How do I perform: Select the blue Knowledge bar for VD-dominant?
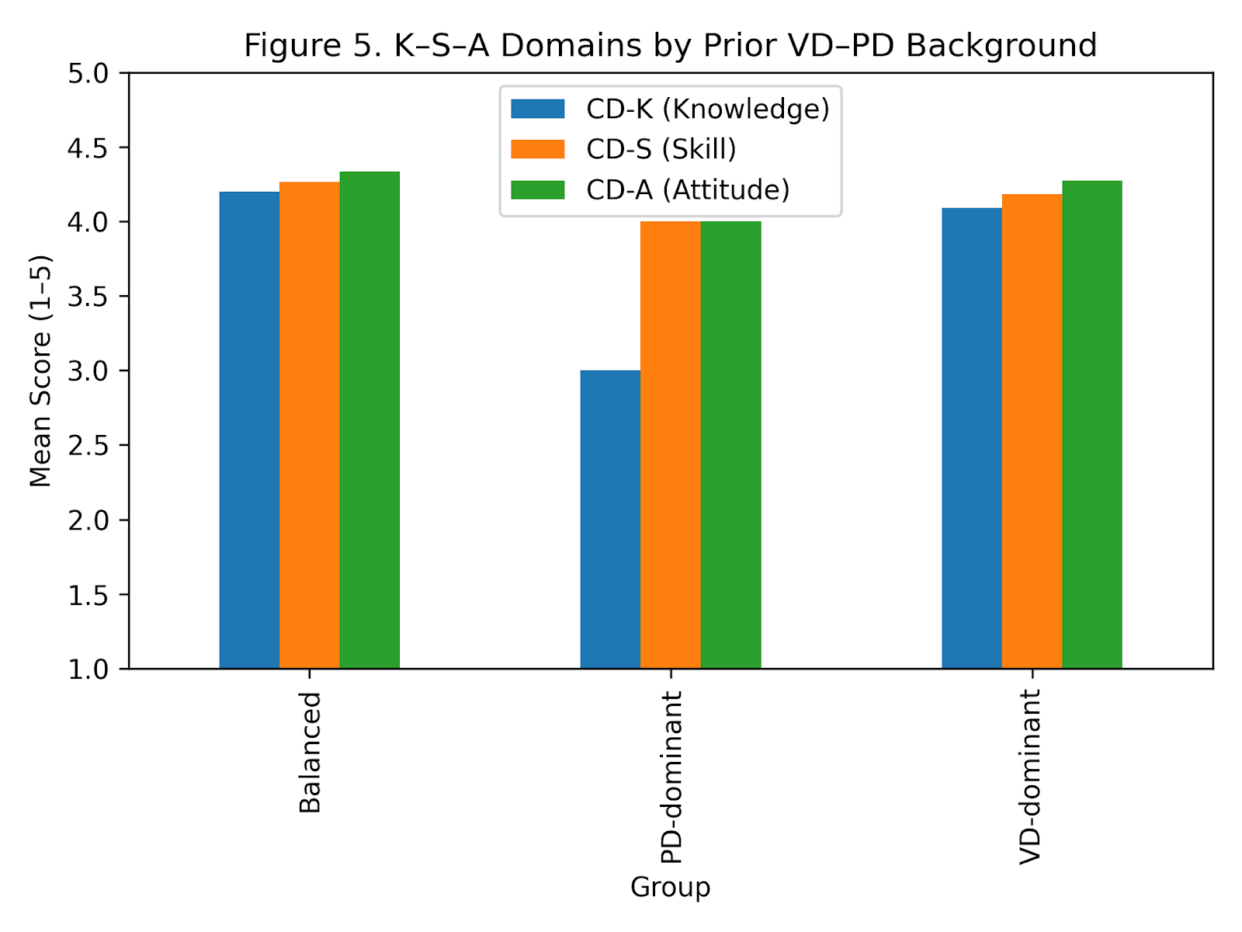(971, 438)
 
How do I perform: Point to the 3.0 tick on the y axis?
(88, 371)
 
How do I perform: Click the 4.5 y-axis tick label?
(88, 148)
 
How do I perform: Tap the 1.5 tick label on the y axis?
(88, 595)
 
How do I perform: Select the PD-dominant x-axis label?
(671, 777)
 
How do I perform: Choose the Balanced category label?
(310, 752)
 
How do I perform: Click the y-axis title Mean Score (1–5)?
(40, 370)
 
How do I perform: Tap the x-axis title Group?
(670, 887)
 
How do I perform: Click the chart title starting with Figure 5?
(670, 45)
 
